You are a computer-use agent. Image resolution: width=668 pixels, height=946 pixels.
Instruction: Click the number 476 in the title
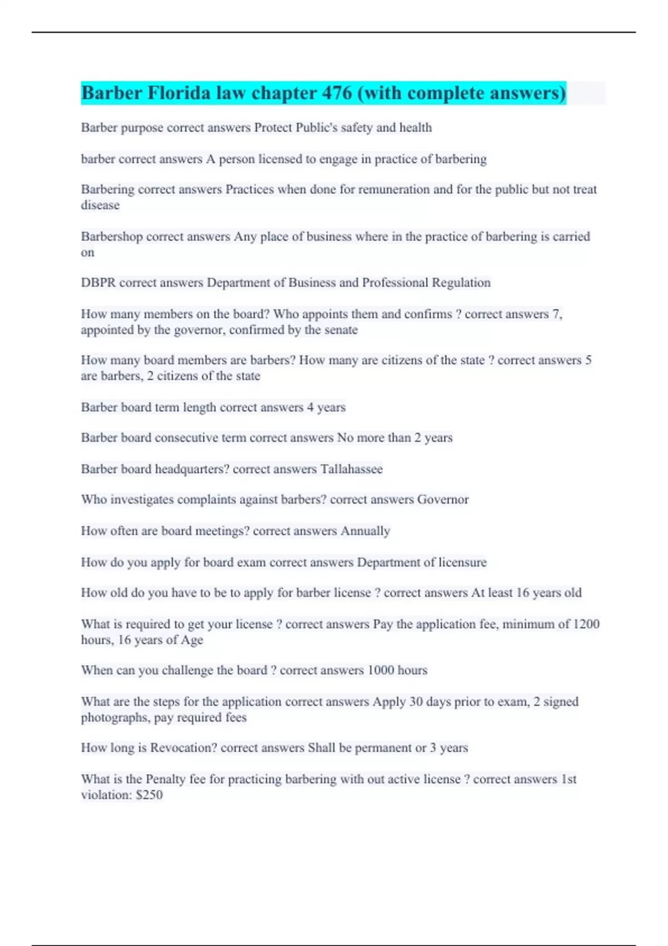click(336, 93)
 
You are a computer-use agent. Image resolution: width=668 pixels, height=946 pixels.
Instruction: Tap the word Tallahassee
click(351, 469)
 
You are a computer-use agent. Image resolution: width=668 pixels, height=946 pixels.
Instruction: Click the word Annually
click(365, 531)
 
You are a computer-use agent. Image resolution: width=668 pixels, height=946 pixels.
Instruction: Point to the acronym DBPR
click(98, 283)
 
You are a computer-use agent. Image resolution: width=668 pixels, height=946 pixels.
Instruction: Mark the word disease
click(100, 205)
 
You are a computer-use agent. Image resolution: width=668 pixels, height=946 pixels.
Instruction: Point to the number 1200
click(586, 624)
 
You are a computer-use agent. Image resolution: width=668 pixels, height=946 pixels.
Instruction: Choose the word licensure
click(462, 563)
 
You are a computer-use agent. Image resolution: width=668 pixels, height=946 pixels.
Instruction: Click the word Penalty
click(165, 779)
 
